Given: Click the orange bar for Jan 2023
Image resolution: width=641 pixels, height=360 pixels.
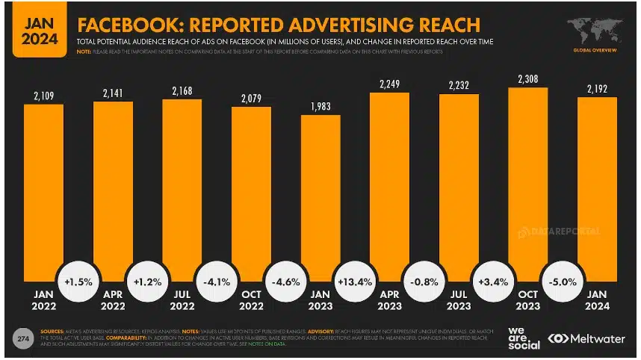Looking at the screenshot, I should click(x=320, y=194).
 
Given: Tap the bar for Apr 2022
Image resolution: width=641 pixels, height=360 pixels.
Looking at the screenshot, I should click(x=113, y=187).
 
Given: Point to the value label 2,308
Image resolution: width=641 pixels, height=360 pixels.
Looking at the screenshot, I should click(x=528, y=78).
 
